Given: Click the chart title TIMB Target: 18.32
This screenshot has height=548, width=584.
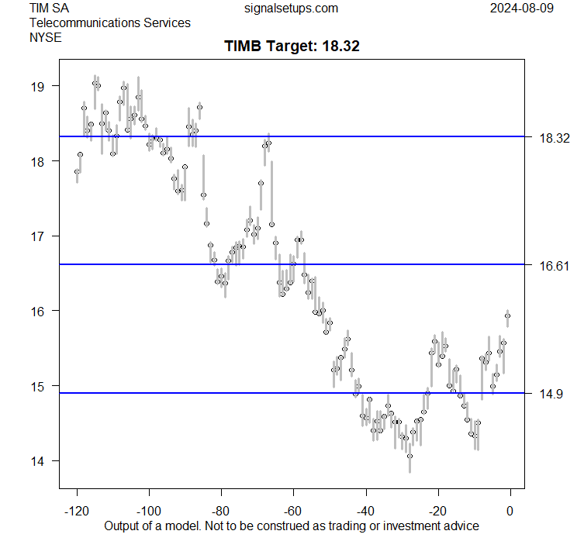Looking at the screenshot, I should tap(292, 47).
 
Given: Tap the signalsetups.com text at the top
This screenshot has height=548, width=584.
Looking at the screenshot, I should tap(291, 9).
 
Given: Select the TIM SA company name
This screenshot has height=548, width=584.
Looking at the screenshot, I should tap(47, 9).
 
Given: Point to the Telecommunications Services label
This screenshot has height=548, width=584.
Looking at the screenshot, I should tap(109, 22).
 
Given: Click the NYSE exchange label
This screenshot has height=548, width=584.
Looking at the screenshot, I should tap(45, 36).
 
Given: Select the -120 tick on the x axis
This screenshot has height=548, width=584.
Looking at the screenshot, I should tap(77, 511).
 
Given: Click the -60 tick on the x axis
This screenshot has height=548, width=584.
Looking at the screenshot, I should tap(293, 511).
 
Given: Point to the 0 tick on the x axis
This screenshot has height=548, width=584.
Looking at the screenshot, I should tap(510, 511).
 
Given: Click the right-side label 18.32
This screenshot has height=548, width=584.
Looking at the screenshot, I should tap(555, 138).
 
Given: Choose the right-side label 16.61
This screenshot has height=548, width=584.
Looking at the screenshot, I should tap(555, 266).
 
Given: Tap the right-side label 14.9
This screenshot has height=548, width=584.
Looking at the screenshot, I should tap(551, 395).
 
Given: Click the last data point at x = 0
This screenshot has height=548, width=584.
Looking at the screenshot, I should tap(508, 315).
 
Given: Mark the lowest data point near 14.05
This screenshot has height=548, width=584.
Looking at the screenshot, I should tap(409, 457).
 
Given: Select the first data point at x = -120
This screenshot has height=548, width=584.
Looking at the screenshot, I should tap(77, 171).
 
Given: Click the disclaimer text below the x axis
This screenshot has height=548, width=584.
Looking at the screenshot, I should tap(292, 526).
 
